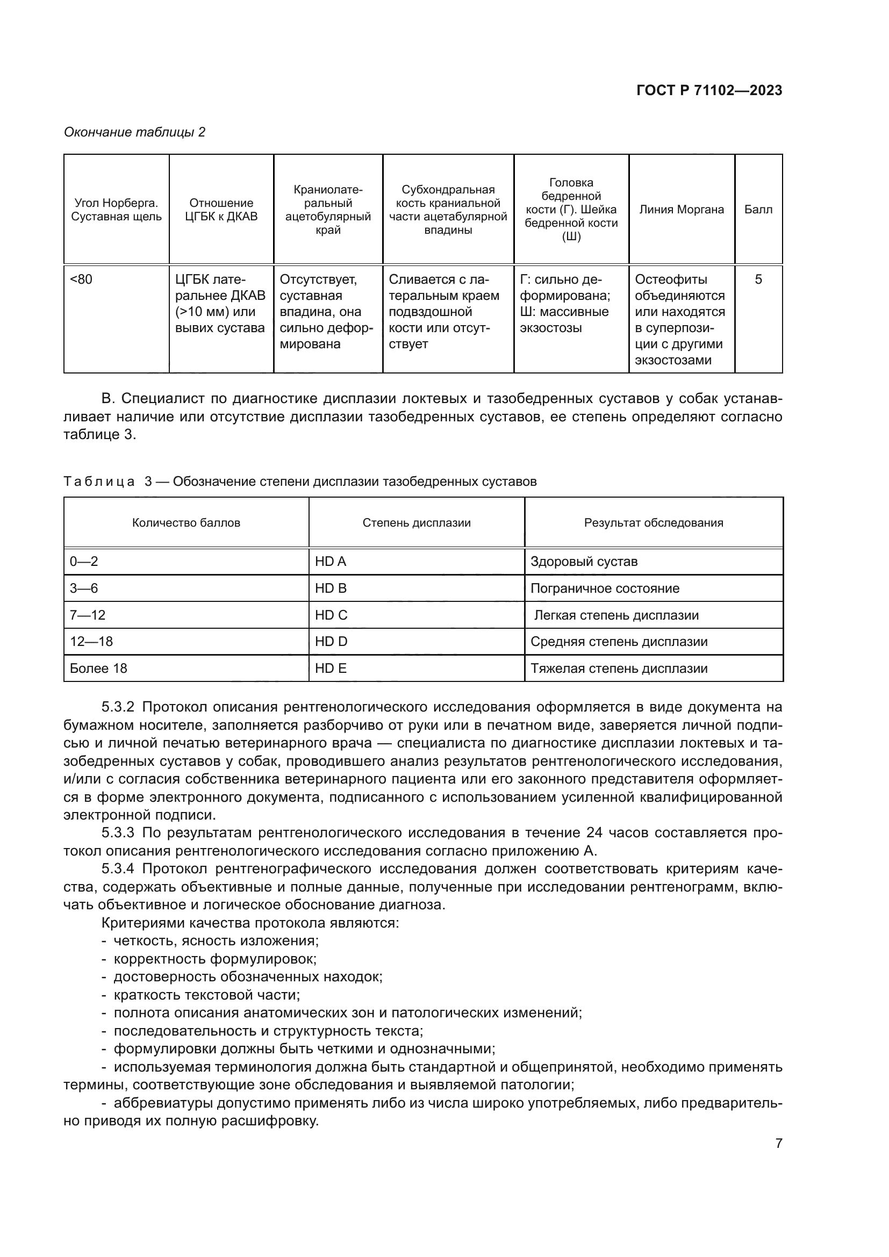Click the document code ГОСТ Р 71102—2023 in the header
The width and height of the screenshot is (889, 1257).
pos(709,90)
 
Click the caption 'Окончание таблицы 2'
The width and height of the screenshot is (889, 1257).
pos(135,132)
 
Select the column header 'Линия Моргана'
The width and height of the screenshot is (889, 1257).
pos(681,210)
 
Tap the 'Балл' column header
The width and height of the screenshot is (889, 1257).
pos(758,210)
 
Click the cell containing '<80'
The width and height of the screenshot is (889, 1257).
pos(82,280)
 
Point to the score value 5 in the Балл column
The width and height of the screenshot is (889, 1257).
pos(758,280)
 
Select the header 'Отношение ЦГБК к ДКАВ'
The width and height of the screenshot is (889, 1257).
pos(221,210)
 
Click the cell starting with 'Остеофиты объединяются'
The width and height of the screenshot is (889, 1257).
pos(680,319)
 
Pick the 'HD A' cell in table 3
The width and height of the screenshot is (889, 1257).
pos(331,562)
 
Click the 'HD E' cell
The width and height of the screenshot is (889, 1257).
pos(331,669)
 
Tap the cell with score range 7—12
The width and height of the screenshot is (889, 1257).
pos(88,615)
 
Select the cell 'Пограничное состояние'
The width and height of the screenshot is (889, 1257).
pos(605,588)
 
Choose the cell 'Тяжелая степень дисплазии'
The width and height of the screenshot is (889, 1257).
pos(619,669)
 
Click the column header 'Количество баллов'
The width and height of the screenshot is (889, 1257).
pos(186,523)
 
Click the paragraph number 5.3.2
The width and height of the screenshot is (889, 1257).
pos(118,707)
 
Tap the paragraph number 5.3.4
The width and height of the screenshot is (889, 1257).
pos(118,869)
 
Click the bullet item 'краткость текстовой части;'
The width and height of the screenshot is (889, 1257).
pos(206,995)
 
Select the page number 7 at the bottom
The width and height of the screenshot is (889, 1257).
pos(778,1144)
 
